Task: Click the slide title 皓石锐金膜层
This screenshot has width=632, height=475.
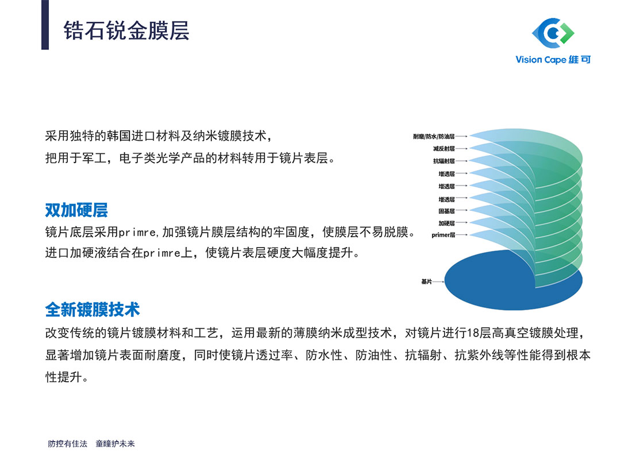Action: click(126, 30)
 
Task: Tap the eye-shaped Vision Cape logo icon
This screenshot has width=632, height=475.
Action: click(553, 32)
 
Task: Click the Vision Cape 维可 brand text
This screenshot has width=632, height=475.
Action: click(553, 60)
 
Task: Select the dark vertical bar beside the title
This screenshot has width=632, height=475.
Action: click(45, 25)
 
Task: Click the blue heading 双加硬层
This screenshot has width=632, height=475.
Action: click(76, 210)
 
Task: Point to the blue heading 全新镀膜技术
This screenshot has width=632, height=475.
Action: click(93, 310)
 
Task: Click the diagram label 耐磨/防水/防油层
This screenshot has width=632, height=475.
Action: click(434, 137)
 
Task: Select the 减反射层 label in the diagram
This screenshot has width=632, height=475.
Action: click(444, 149)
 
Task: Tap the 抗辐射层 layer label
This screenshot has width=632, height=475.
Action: click(444, 161)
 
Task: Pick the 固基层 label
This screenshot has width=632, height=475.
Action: click(446, 211)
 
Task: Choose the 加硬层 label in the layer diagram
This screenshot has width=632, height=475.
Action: click(446, 223)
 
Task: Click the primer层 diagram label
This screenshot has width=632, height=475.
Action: click(444, 235)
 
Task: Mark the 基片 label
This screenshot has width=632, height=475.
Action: click(426, 281)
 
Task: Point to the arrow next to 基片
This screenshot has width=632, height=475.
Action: click(438, 281)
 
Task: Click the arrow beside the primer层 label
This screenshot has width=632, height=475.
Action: click(462, 234)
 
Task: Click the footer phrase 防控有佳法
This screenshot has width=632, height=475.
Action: click(67, 443)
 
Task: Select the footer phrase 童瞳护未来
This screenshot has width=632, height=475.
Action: click(115, 443)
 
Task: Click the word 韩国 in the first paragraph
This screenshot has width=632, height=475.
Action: click(119, 136)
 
